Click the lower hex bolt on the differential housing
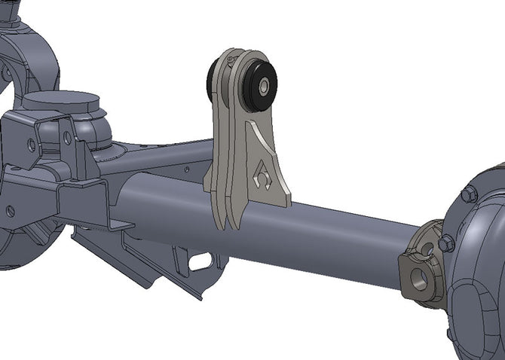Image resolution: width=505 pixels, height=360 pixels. point(446,243)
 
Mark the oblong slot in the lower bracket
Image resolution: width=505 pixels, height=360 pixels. point(200,263)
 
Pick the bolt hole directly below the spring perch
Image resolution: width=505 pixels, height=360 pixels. point(66,138)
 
